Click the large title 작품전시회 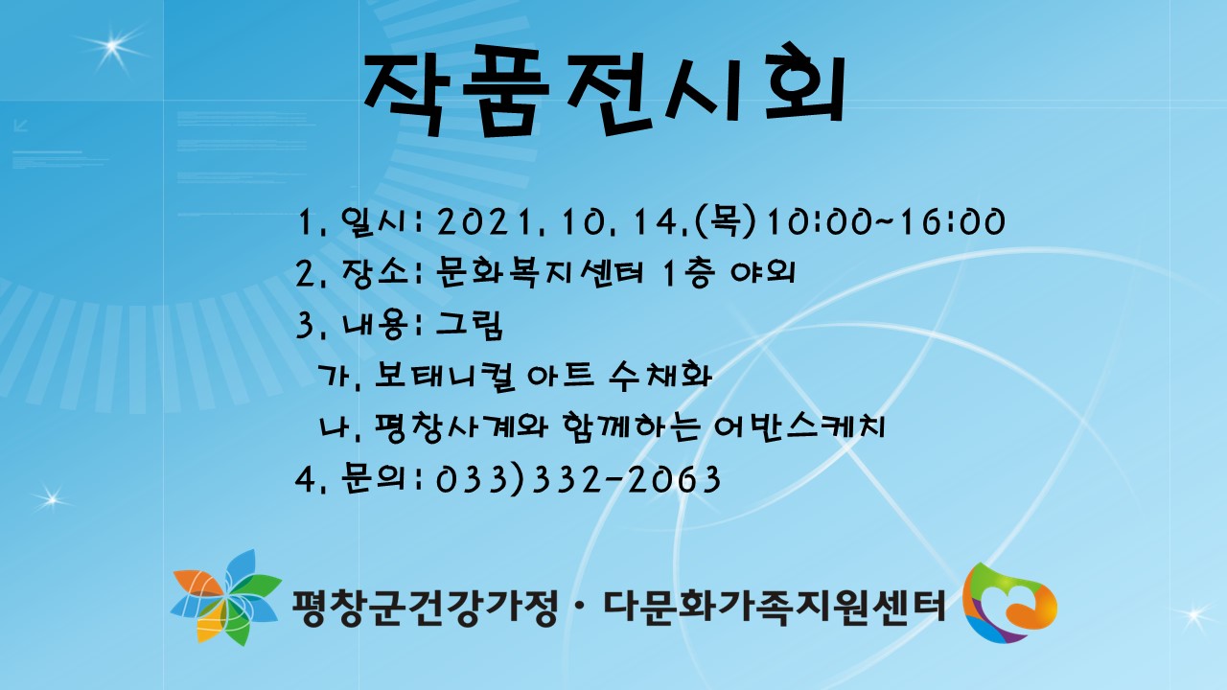(604, 89)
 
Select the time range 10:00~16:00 (885, 222)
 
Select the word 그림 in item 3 (469, 324)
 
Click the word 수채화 (660, 375)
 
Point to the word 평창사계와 (461, 426)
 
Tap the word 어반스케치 (799, 426)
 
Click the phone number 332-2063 (626, 479)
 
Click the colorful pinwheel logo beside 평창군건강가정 (225, 598)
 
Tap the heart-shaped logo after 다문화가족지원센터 (1009, 603)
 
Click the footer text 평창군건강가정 (424, 607)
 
